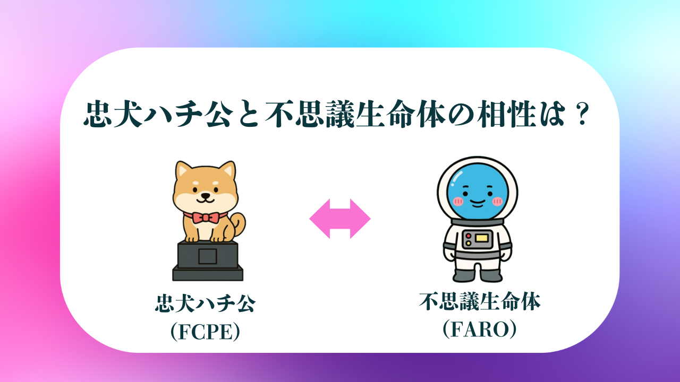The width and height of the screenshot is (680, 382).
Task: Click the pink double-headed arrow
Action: point(340,219)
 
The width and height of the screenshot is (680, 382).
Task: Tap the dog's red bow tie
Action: point(206,218)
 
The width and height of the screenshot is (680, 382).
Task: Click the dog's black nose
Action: point(206,196)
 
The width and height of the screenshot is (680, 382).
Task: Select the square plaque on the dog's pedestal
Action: point(208,256)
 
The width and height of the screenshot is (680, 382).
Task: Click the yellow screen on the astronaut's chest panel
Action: point(481,238)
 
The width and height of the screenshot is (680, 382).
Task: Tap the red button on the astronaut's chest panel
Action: point(469,236)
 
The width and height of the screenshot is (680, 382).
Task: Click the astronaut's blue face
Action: point(477,192)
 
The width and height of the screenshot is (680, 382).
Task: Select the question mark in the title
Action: point(582,114)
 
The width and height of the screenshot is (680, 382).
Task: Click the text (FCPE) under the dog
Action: point(205,332)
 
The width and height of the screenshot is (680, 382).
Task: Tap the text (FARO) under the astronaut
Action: point(479,329)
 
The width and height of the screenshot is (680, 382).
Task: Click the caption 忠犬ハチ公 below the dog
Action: point(206,303)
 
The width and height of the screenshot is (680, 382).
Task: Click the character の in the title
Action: point(460,115)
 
